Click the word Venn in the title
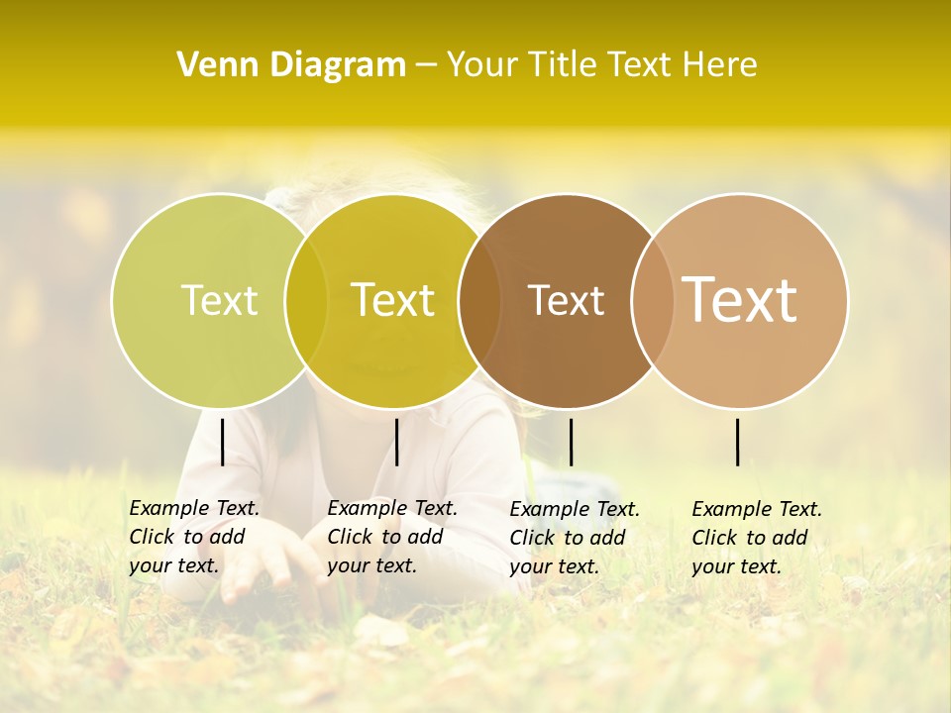[214, 64]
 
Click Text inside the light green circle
[219, 300]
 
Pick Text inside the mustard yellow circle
[393, 300]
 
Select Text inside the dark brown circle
[566, 300]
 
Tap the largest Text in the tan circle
[740, 299]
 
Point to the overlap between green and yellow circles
[306, 300]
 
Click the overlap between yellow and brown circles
[479, 300]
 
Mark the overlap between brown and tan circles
[652, 300]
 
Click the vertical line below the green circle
[222, 442]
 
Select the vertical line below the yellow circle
[396, 442]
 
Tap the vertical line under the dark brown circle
[571, 442]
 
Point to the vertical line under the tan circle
[737, 442]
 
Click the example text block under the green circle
[194, 537]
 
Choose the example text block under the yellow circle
[392, 537]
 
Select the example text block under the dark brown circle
[575, 538]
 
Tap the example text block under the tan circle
[757, 538]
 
